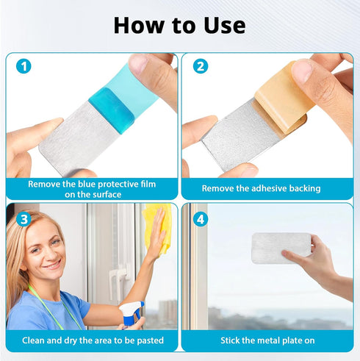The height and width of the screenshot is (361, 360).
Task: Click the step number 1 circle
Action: pyautogui.click(x=24, y=66)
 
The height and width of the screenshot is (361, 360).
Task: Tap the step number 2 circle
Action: pyautogui.click(x=201, y=66)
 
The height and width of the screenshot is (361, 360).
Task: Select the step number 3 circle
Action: pyautogui.click(x=24, y=219)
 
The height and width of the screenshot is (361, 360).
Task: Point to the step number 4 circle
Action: pyautogui.click(x=201, y=219)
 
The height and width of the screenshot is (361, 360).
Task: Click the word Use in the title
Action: pyautogui.click(x=224, y=26)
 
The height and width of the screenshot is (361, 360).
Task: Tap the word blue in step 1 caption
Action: pyautogui.click(x=87, y=184)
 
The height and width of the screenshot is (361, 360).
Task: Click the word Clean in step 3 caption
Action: pyautogui.click(x=33, y=340)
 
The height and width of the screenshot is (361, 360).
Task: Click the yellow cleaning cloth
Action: pyautogui.click(x=156, y=228)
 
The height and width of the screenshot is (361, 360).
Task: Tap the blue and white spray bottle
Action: pyautogui.click(x=132, y=314)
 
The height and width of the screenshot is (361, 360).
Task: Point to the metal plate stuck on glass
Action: pyautogui.click(x=281, y=248)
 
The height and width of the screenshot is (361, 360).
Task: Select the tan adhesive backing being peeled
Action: pyautogui.click(x=281, y=98)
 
